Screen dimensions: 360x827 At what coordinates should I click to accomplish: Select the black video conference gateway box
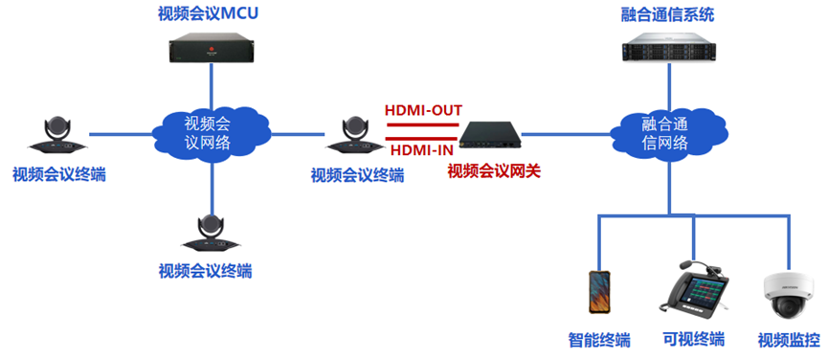tap(489, 136)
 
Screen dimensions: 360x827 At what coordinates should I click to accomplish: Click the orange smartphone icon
tap(600, 293)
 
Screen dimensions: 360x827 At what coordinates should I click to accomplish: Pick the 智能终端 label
tap(599, 339)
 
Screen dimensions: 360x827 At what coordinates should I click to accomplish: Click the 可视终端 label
tap(694, 339)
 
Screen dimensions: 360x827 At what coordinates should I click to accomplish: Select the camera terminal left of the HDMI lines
tap(354, 137)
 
